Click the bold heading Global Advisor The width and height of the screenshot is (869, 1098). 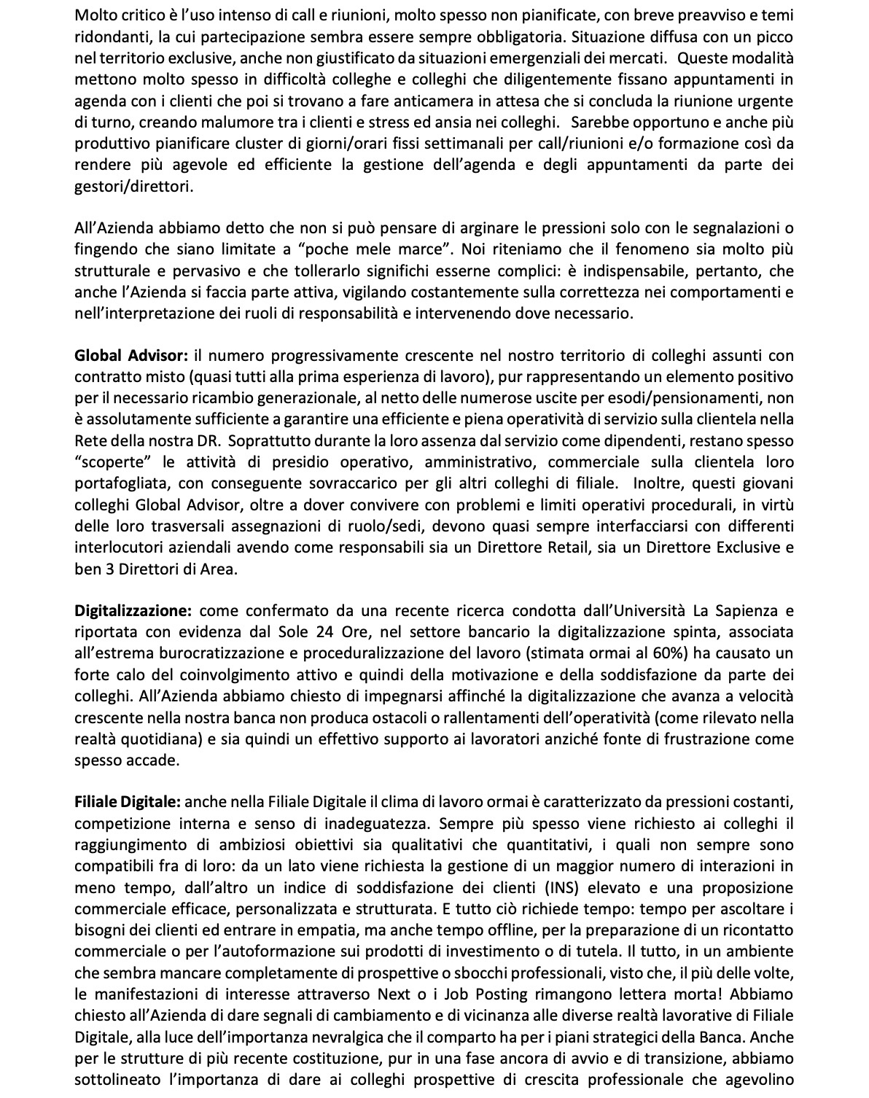point(131,356)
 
